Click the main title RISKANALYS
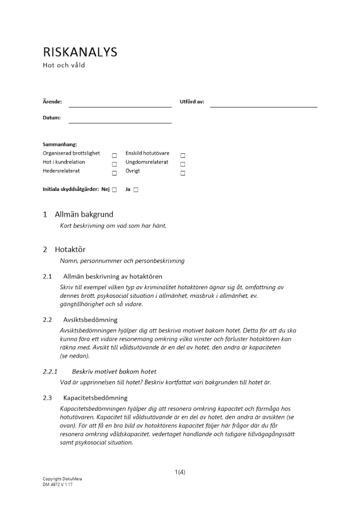click(x=80, y=52)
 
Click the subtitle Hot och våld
click(x=64, y=65)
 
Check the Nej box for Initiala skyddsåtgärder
click(x=115, y=190)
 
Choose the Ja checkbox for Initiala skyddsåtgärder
click(x=136, y=190)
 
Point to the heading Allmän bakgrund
click(x=84, y=214)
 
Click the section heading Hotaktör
click(x=70, y=249)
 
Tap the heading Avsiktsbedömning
click(x=90, y=320)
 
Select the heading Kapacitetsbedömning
click(x=95, y=398)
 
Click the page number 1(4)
click(x=180, y=472)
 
